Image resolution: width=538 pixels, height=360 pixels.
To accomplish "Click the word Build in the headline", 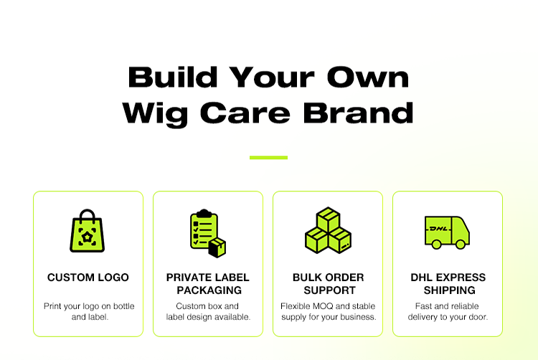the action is click(x=173, y=77).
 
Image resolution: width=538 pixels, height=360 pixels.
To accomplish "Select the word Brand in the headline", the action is click(x=359, y=113).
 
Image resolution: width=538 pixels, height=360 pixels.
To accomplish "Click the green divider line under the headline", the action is click(x=269, y=158).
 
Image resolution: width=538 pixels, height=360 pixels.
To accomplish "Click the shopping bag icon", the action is click(x=87, y=231).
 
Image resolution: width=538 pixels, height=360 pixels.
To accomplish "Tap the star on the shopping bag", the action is click(x=87, y=236).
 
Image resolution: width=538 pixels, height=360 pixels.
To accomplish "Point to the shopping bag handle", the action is click(x=87, y=214).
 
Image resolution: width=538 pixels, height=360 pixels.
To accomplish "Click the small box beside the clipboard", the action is click(x=217, y=247).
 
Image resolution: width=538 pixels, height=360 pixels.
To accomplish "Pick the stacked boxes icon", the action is click(x=328, y=230).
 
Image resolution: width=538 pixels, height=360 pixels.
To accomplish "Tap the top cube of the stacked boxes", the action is click(x=329, y=219).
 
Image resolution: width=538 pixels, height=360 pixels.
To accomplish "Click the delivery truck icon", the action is click(x=447, y=232).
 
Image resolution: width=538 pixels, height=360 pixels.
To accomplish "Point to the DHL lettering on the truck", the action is click(x=438, y=229).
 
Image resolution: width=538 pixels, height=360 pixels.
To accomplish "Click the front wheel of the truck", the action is click(x=461, y=244).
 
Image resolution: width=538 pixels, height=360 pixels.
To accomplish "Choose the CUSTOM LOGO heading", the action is click(x=88, y=278).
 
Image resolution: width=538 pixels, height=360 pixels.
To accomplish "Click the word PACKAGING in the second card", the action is click(x=209, y=290).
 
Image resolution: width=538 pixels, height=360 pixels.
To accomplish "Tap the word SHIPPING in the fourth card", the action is click(x=450, y=290).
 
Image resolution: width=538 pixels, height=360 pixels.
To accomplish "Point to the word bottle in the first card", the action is click(x=124, y=306).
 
